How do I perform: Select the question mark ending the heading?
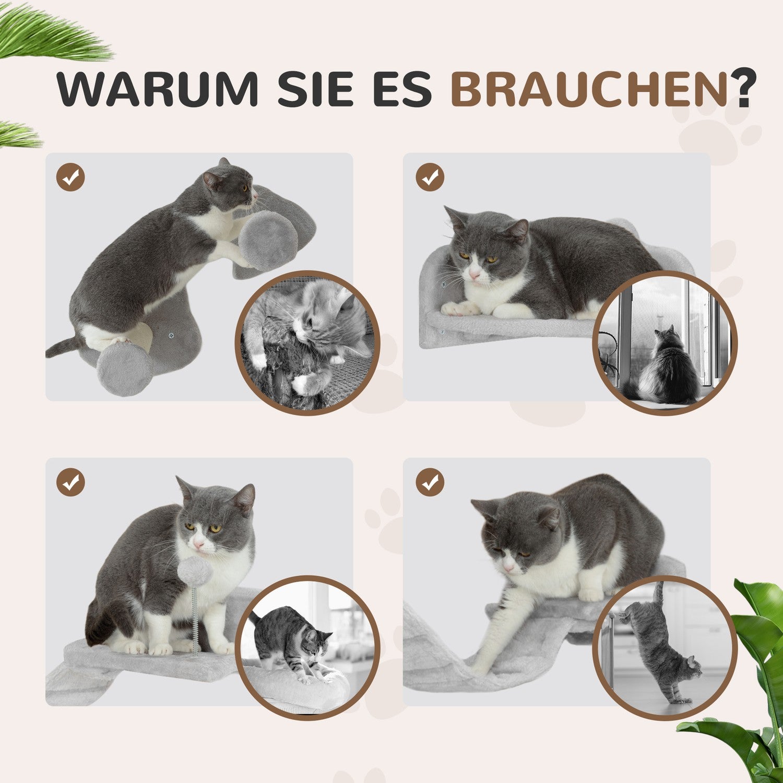click(x=742, y=88)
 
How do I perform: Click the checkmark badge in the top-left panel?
click(x=70, y=177)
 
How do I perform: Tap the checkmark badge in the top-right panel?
click(x=430, y=177)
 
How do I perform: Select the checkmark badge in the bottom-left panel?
click(x=70, y=482)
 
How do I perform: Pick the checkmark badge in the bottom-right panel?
click(x=430, y=482)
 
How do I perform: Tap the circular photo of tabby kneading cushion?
click(x=307, y=648)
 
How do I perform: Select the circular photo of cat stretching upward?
click(x=665, y=648)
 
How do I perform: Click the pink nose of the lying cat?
click(x=474, y=275)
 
